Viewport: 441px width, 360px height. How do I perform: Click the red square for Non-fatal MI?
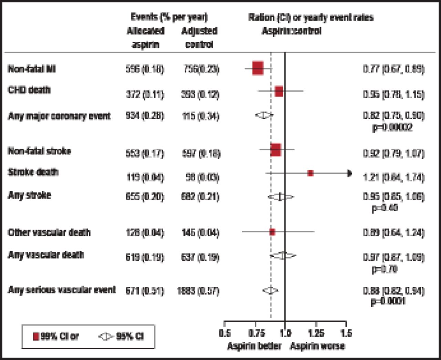click(x=258, y=68)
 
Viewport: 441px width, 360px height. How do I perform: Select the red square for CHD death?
click(x=279, y=91)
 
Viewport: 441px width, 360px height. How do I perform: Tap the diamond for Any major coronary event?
click(x=264, y=116)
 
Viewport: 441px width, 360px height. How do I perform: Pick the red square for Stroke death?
click(x=310, y=173)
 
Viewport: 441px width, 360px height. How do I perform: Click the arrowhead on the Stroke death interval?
click(x=349, y=173)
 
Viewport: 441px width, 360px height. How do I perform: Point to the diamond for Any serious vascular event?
click(x=270, y=291)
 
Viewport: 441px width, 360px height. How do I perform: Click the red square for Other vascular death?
click(x=272, y=232)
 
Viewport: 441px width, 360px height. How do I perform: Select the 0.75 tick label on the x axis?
click(x=256, y=333)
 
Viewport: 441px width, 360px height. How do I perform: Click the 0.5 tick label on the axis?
click(x=225, y=333)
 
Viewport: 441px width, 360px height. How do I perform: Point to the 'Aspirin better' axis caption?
click(x=254, y=346)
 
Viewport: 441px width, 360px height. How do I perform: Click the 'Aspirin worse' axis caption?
click(x=317, y=346)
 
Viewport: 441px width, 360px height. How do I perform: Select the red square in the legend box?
click(x=36, y=336)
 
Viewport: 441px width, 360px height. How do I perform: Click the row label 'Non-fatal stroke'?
click(x=39, y=151)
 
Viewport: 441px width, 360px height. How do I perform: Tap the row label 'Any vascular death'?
click(x=46, y=255)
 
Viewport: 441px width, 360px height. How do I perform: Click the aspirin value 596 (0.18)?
click(x=145, y=69)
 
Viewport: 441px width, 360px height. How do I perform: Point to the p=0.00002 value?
click(x=392, y=128)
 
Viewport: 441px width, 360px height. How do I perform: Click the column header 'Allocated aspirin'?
click(x=145, y=38)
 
